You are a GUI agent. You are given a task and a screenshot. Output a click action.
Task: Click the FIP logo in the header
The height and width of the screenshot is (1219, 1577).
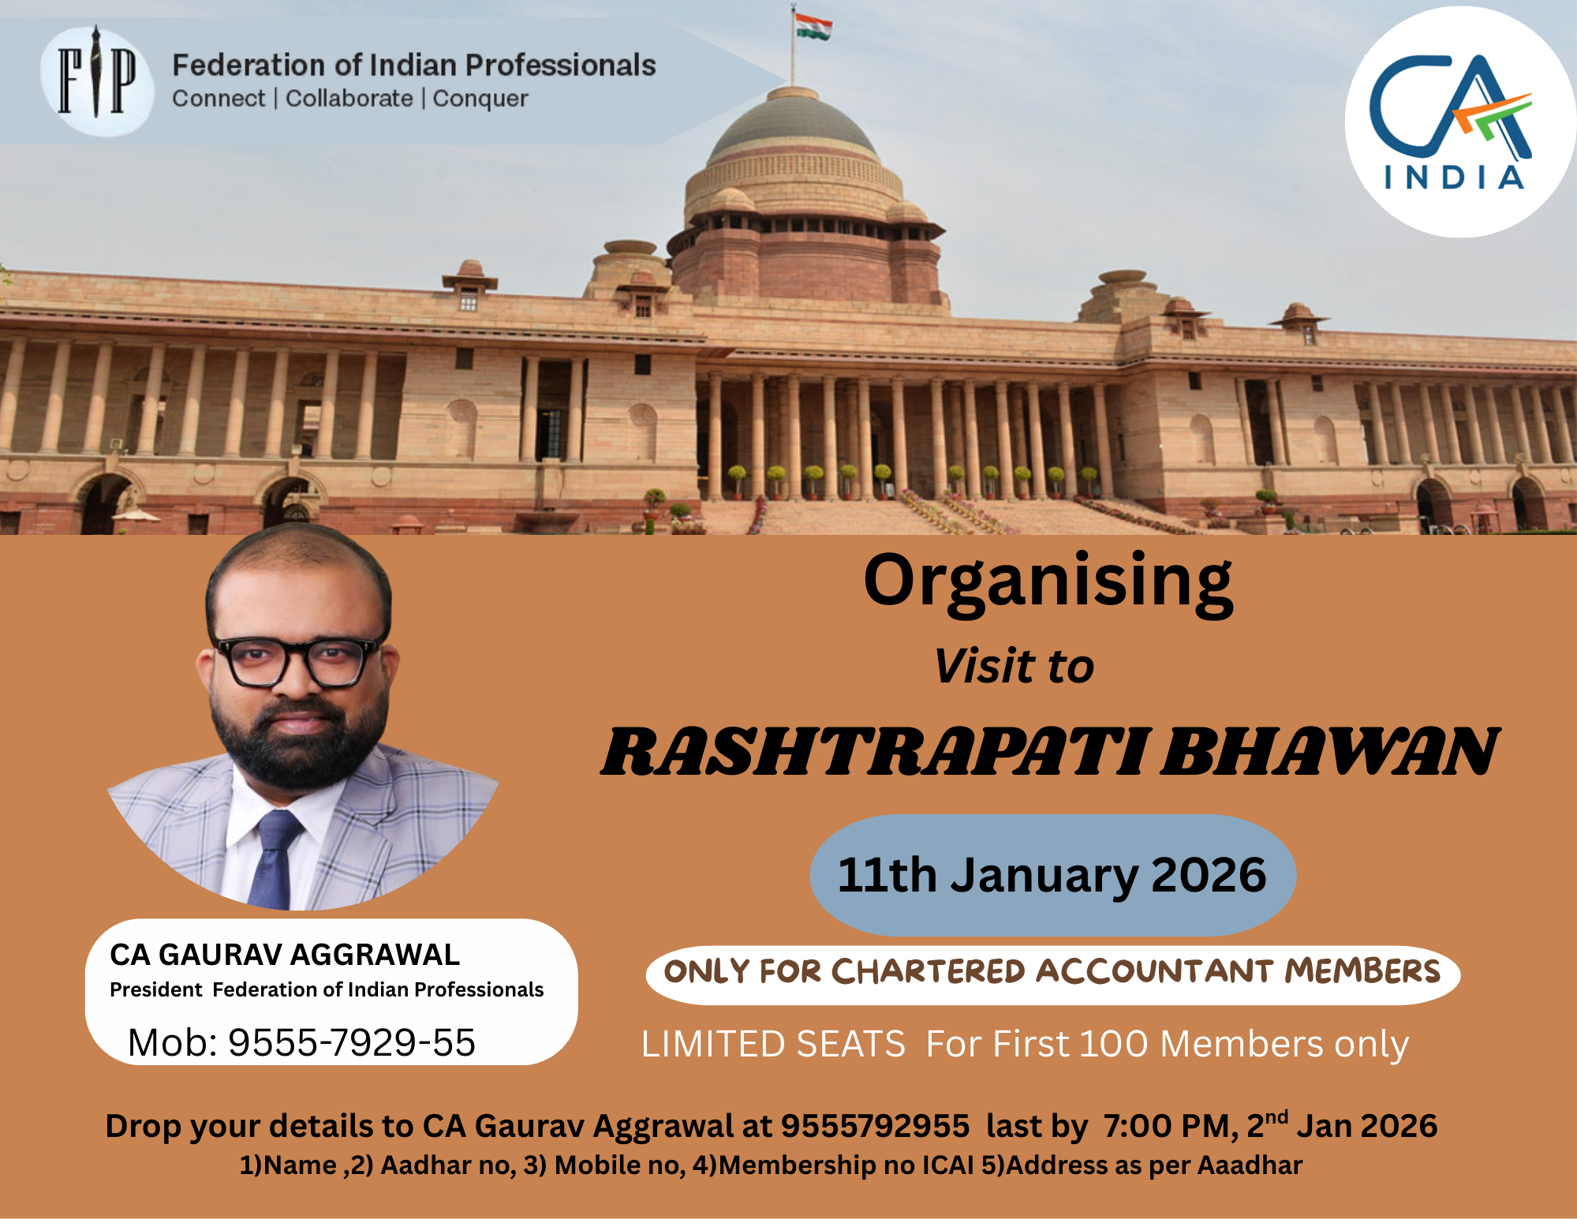click(97, 80)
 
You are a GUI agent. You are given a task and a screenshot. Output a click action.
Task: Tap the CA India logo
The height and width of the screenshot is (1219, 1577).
click(1459, 122)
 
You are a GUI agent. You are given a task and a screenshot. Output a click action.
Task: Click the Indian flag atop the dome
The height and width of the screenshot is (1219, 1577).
click(813, 26)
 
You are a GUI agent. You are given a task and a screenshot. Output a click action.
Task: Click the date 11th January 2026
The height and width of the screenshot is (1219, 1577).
click(1052, 875)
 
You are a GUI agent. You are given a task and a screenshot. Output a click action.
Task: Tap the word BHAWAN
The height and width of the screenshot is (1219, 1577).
click(1330, 751)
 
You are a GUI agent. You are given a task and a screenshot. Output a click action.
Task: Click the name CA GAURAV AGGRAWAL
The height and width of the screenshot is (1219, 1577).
click(285, 955)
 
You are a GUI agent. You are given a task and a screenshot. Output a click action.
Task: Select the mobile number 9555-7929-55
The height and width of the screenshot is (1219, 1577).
click(352, 1042)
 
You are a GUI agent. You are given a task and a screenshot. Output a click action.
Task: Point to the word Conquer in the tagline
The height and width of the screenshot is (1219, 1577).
click(480, 99)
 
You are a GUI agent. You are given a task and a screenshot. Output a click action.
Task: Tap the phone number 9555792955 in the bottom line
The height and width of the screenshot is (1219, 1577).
click(875, 1126)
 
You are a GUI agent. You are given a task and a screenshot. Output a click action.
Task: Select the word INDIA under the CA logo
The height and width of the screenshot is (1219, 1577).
click(1454, 178)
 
